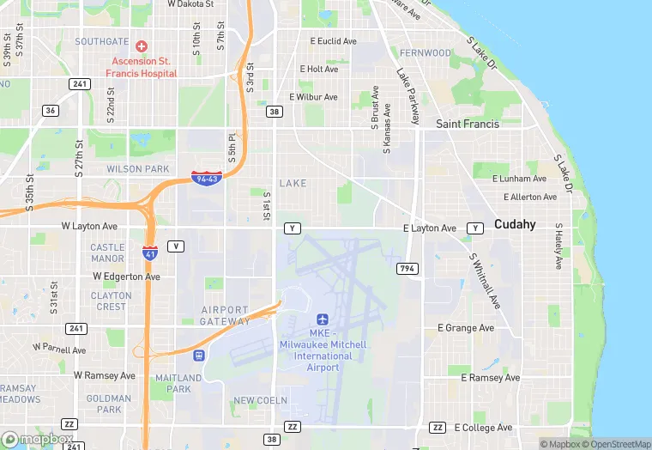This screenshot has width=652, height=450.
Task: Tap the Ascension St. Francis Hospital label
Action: (142, 66)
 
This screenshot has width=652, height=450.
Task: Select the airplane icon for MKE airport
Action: (323, 319)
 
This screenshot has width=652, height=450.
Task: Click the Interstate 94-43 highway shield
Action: (207, 178)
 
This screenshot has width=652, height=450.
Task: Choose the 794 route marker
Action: (407, 269)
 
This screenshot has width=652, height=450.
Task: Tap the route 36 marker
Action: (51, 110)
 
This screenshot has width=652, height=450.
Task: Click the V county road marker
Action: (176, 246)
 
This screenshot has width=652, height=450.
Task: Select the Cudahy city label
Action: (515, 224)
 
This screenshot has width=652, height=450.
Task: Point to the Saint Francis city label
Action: (467, 124)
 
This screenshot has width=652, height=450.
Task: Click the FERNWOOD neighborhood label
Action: (425, 52)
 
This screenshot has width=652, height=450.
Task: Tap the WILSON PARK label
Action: (138, 169)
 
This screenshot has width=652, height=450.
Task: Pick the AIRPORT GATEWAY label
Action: (225, 315)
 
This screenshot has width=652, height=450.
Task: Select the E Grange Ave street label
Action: (466, 328)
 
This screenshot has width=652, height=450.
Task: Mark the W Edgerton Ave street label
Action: (126, 277)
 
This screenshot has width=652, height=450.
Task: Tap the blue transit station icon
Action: (199, 355)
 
